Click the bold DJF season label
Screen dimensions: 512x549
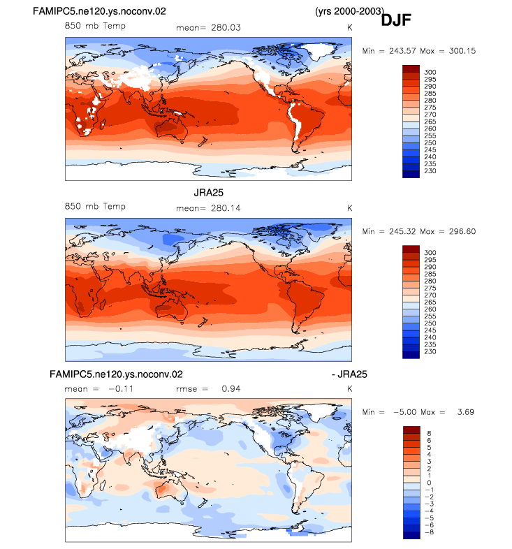tap(396, 20)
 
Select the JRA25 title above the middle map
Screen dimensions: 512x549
tap(208, 193)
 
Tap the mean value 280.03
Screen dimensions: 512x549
tap(226, 28)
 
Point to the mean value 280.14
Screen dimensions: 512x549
tap(226, 208)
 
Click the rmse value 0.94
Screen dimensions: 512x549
tap(231, 388)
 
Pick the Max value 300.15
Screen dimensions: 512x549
tap(462, 51)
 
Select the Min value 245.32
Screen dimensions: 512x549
tap(402, 231)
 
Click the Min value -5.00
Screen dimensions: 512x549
tap(405, 412)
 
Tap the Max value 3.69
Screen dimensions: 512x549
tap(465, 412)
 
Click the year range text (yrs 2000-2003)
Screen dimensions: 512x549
tap(349, 11)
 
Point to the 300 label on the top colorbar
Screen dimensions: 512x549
tap(430, 72)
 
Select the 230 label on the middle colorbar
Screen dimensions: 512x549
tap(430, 351)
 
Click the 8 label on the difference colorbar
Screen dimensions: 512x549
tap(429, 434)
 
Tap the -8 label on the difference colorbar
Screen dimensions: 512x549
tap(429, 532)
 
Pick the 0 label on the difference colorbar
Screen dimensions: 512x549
tap(429, 483)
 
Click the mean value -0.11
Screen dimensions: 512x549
tap(121, 388)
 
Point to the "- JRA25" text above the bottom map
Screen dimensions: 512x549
tap(349, 374)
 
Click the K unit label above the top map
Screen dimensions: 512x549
tap(349, 28)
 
